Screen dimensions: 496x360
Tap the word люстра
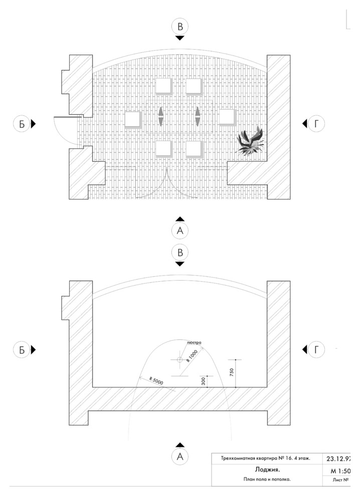tap(194, 343)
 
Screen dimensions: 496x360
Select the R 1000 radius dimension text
tap(191, 356)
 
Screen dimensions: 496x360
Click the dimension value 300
tap(203, 381)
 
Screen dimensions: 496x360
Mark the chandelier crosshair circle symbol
tap(179, 360)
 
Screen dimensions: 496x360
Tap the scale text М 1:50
tap(340, 471)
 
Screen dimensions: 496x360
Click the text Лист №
tap(340, 480)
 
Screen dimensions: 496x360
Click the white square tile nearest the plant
tap(227, 117)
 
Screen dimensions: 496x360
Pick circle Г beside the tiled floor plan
tap(316, 124)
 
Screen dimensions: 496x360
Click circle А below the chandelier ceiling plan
tap(180, 456)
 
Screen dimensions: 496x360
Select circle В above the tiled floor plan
tap(180, 27)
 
